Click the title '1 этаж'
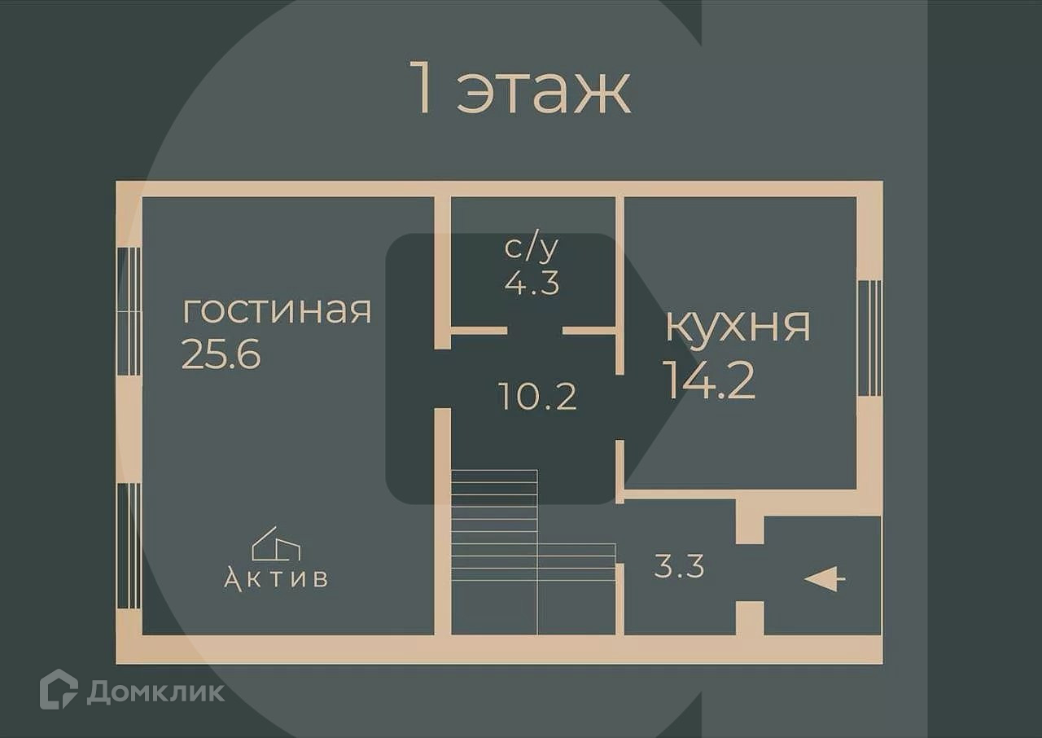(x=522, y=90)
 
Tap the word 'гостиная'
(x=277, y=311)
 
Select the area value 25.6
(x=221, y=354)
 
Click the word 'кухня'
(x=738, y=326)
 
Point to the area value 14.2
(x=709, y=380)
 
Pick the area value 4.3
(x=532, y=283)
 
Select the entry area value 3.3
(x=679, y=565)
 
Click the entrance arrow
(x=825, y=579)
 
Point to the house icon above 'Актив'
(x=275, y=543)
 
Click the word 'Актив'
(x=276, y=578)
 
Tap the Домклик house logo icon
(x=59, y=689)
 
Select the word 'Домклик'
(x=155, y=692)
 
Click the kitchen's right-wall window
(x=869, y=338)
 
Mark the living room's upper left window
(x=129, y=311)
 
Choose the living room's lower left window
(x=129, y=546)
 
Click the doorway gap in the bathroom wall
(x=535, y=331)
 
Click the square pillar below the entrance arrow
(x=750, y=617)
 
